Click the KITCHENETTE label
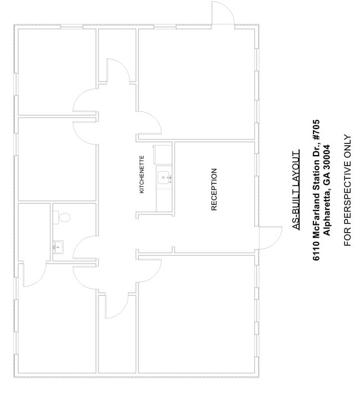[142, 174]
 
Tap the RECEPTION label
[214, 189]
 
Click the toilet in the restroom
[61, 217]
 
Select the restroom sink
[58, 247]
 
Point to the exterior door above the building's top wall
[223, 13]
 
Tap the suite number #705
[316, 130]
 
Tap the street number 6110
[316, 251]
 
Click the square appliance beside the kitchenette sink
[163, 155]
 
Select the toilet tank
[55, 217]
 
